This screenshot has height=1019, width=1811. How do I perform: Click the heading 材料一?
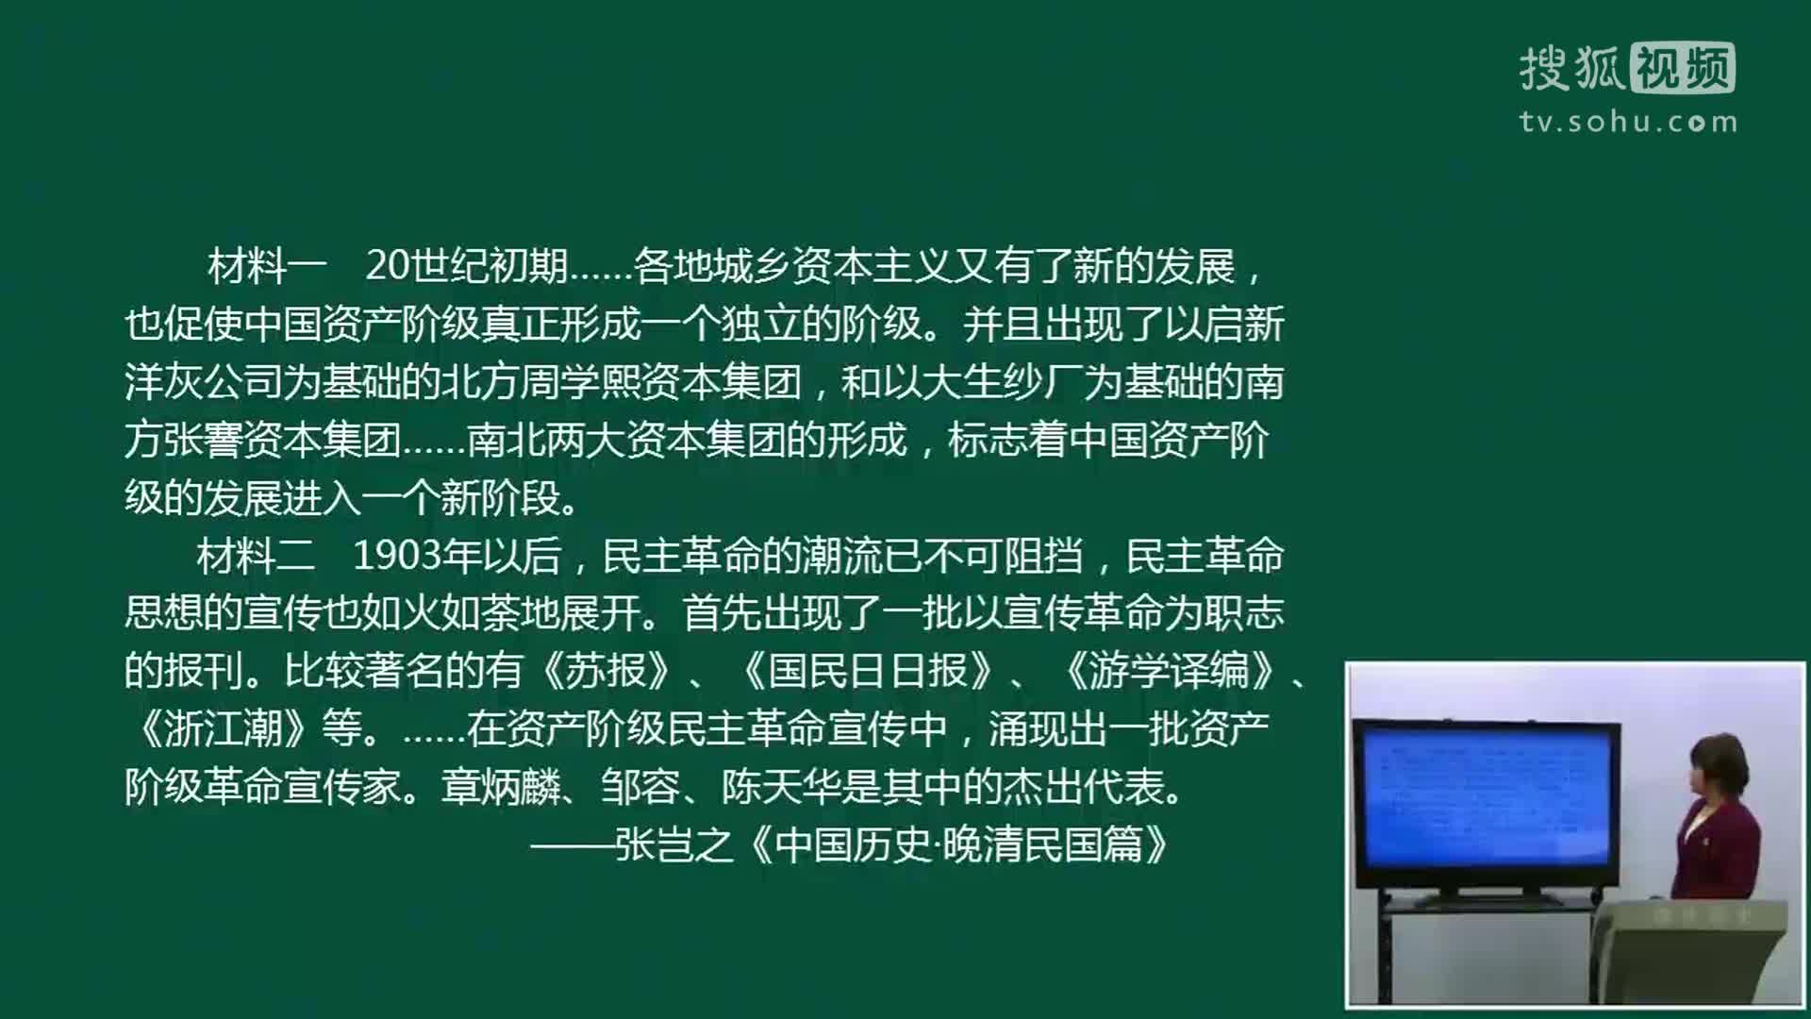click(x=267, y=267)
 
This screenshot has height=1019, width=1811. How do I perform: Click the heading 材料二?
click(x=256, y=557)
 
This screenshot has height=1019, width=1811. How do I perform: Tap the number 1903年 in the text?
click(x=416, y=557)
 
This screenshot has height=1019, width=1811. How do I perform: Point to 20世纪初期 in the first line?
click(x=466, y=267)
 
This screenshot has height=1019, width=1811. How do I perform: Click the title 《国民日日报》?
click(x=868, y=671)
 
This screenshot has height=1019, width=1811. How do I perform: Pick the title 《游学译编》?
click(x=1170, y=671)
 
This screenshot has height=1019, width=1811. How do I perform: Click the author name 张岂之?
click(x=673, y=845)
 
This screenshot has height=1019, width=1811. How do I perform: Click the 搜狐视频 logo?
click(x=1627, y=68)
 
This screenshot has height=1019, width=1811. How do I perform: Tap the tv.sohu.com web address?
click(x=1628, y=122)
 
